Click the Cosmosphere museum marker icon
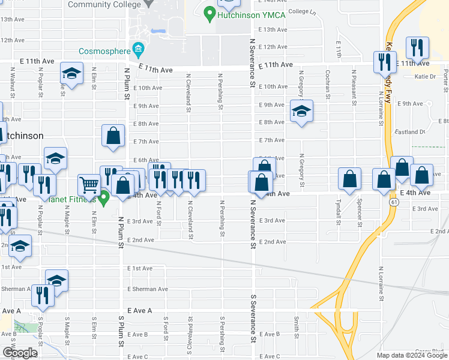[x=139, y=48]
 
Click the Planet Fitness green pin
[x=103, y=197]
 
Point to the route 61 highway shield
[x=393, y=203]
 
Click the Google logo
[x=20, y=353]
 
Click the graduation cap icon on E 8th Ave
[x=302, y=110]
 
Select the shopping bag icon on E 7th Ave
[x=113, y=136]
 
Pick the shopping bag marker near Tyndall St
[x=349, y=178]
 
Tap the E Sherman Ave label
[x=148, y=289]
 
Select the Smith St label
[x=296, y=327]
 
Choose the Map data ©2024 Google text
[x=412, y=355]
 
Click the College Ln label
[x=302, y=11]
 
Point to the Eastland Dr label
[x=410, y=132]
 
